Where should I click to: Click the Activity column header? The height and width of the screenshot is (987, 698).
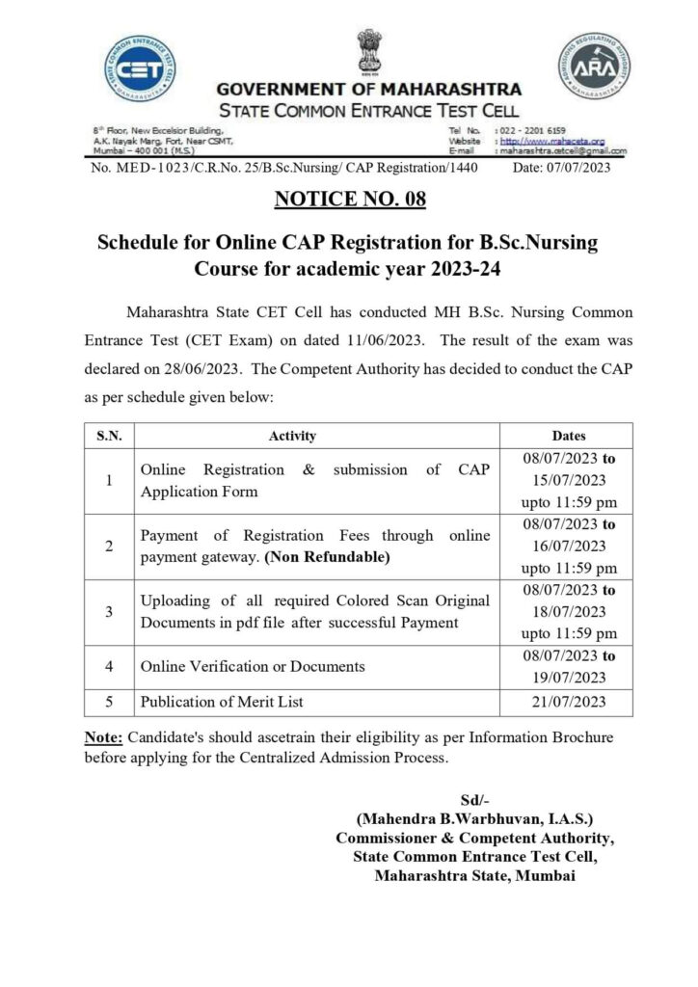coord(293,436)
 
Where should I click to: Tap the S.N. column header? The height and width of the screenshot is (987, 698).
coord(110,436)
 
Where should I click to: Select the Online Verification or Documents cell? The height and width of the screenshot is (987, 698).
coord(252,666)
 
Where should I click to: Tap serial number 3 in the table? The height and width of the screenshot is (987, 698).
coord(110,611)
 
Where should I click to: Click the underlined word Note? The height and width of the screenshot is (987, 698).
coord(101,737)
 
